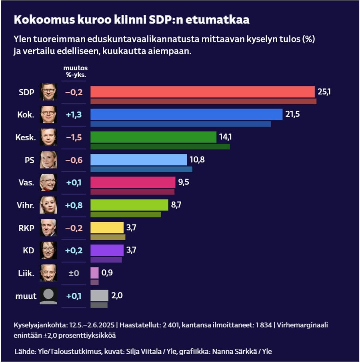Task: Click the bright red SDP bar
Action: [202, 92]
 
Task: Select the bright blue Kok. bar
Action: [186, 114]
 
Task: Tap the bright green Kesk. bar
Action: [153, 137]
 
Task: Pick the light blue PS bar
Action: [138, 160]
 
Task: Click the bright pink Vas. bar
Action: [133, 182]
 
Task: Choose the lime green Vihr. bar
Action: [129, 205]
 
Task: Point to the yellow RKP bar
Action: [107, 228]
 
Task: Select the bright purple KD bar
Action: [107, 250]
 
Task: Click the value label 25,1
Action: [324, 92]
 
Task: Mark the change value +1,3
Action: [74, 115]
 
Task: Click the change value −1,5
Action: [74, 137]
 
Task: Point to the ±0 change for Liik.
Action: [74, 273]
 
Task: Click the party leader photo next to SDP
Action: [48, 92]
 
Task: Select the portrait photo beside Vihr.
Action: [48, 205]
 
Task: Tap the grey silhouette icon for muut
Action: [48, 296]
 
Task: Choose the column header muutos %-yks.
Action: [75, 71]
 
